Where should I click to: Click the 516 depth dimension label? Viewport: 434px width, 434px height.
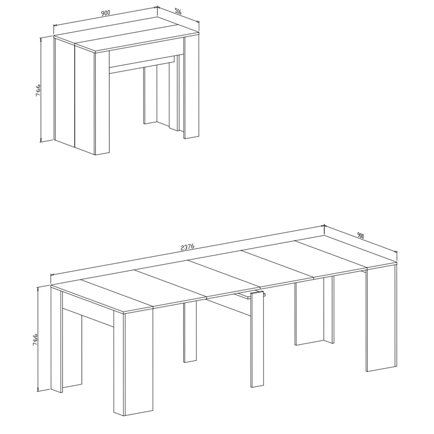pos(178,12)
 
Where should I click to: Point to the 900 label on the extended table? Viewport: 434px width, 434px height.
pos(361,235)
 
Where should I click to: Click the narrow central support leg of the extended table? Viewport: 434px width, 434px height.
pos(257,339)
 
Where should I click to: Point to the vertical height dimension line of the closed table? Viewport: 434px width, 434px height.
pos(41,89)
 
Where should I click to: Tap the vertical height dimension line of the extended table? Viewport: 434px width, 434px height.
pos(38,339)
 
